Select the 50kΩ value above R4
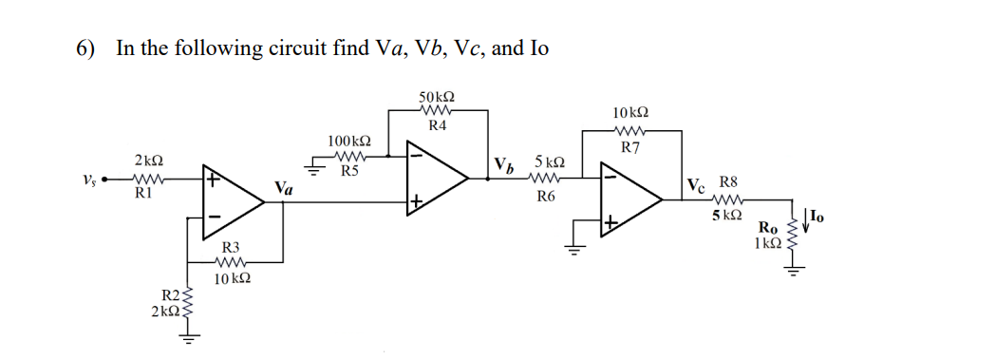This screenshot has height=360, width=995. coord(436,98)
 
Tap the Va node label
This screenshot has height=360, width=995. coord(283,189)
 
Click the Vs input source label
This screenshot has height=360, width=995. coord(88,180)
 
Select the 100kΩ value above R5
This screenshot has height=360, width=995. coord(348,142)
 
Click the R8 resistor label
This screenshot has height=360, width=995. coord(728,180)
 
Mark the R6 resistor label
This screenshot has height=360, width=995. coord(546,197)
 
